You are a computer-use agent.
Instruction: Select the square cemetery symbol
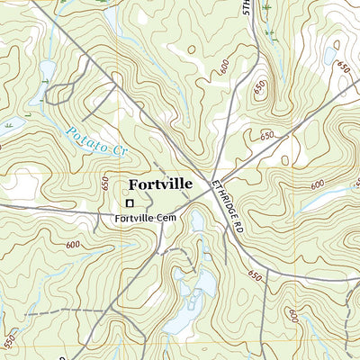click(129, 203)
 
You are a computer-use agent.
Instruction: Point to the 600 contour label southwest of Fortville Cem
click(72, 245)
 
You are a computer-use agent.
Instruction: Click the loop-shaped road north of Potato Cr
click(61, 91)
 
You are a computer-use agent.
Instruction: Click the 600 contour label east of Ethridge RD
click(316, 185)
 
